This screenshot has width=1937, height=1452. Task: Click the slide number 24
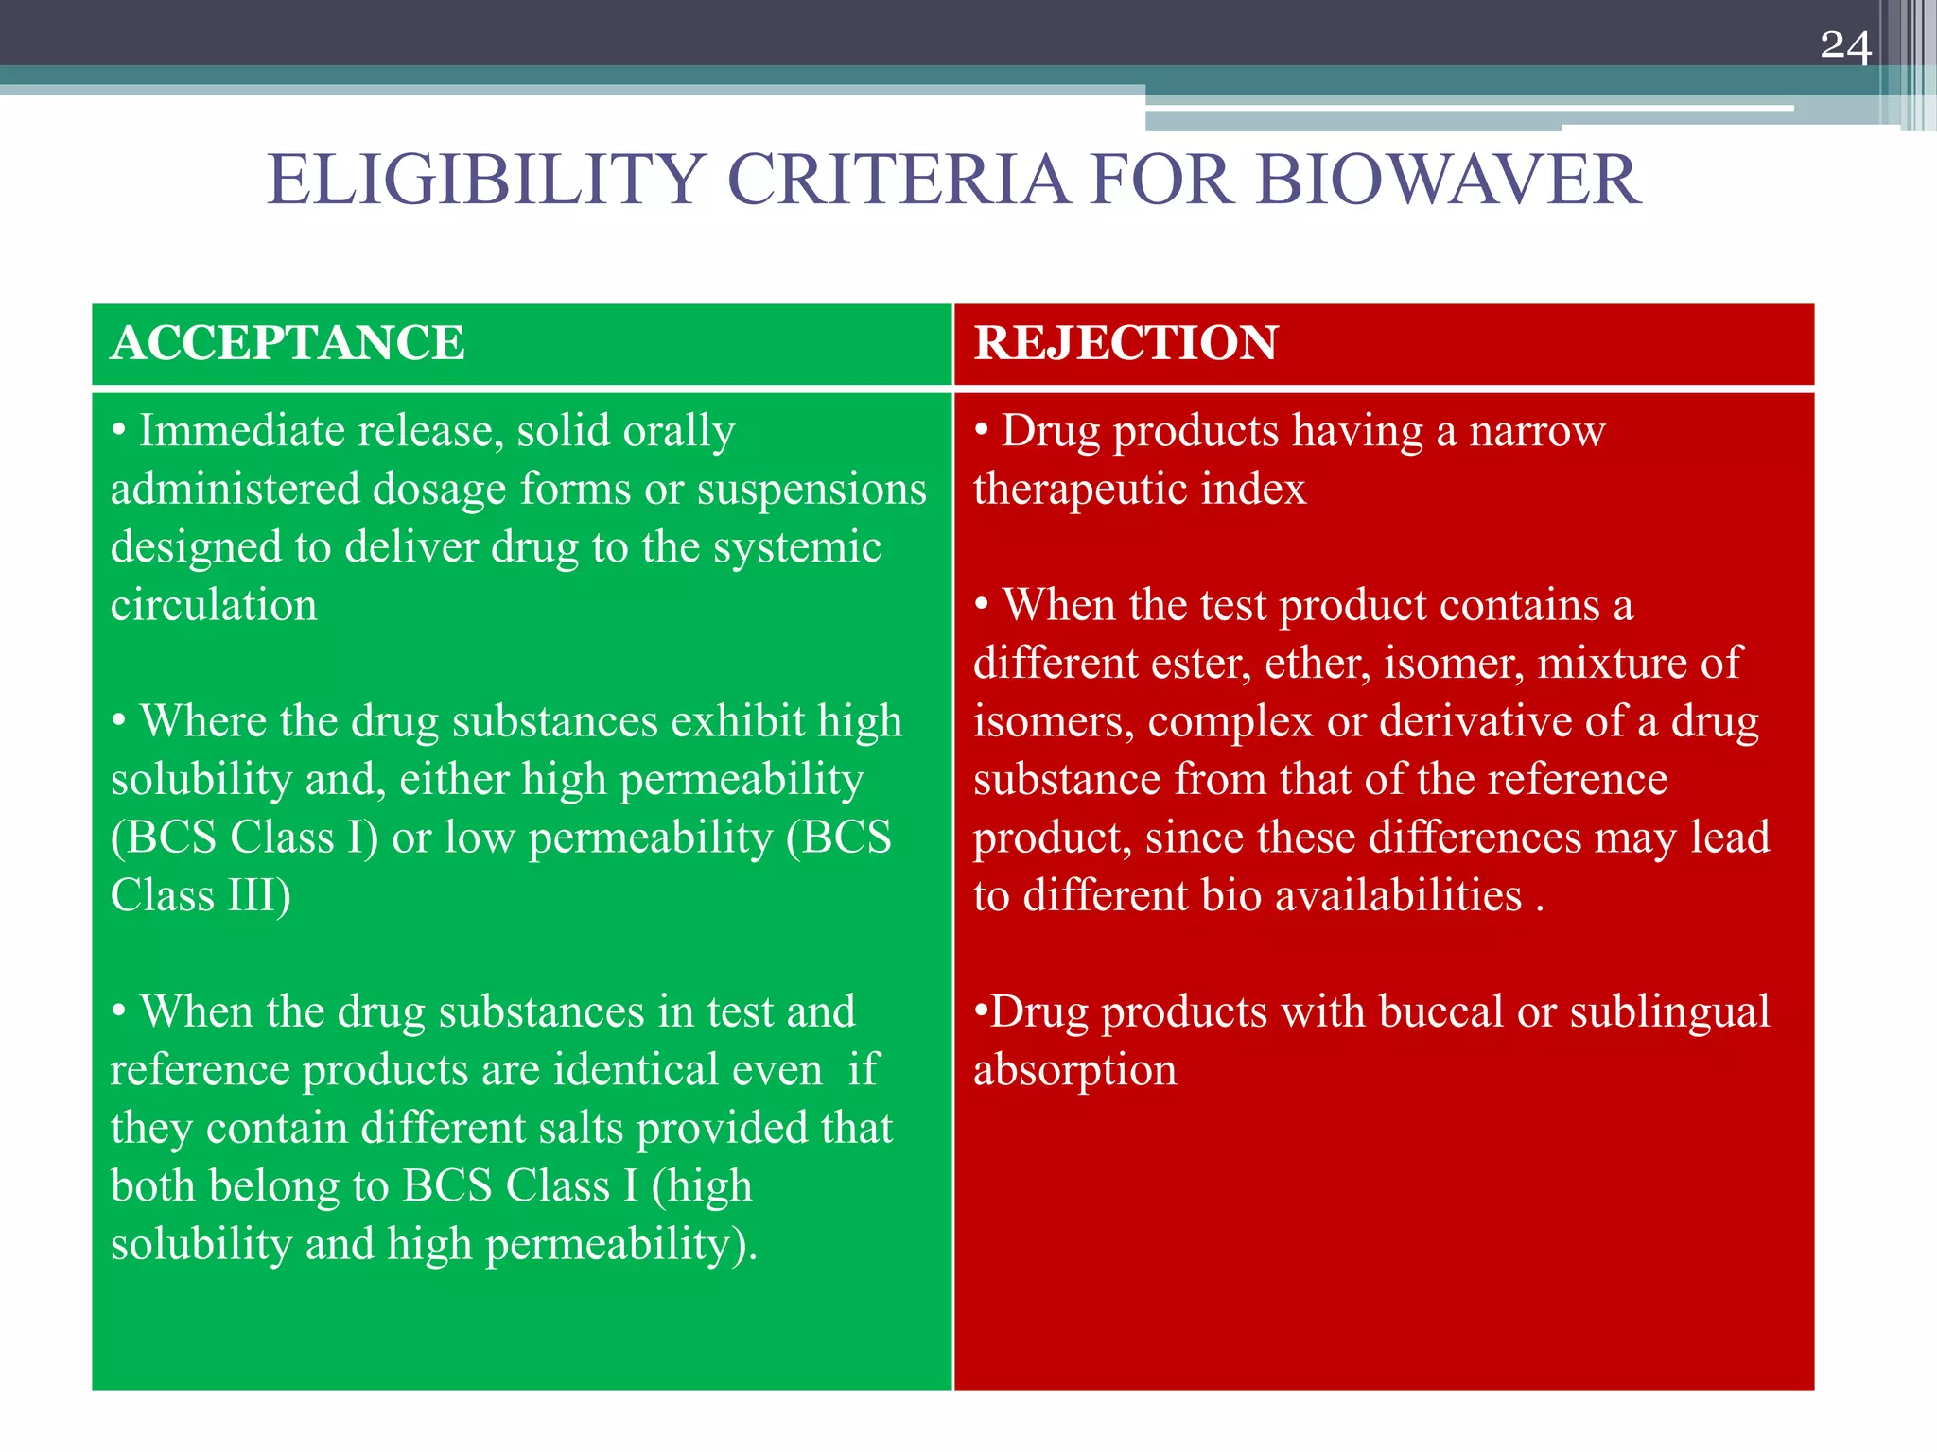click(x=1844, y=46)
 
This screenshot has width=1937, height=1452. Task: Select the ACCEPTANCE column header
click(x=288, y=342)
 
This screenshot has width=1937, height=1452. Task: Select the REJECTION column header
click(x=1126, y=342)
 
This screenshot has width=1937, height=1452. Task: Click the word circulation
click(x=214, y=605)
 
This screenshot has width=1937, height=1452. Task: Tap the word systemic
click(x=796, y=548)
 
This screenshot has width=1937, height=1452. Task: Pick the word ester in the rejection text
click(x=1200, y=664)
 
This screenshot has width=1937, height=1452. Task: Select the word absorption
click(x=1074, y=1071)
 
